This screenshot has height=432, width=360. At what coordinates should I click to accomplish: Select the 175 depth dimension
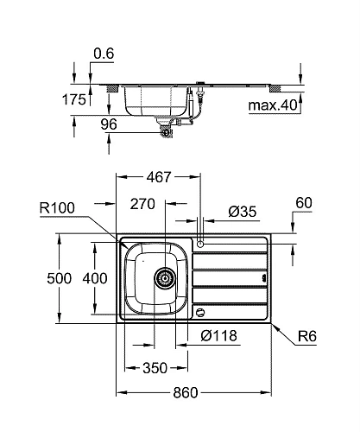[x=74, y=99]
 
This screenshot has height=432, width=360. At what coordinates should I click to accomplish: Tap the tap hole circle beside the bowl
[x=200, y=244]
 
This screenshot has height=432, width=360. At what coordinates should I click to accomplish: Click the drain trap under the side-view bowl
[x=165, y=130]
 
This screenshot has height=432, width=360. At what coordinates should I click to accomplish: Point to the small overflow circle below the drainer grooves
[x=200, y=311]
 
